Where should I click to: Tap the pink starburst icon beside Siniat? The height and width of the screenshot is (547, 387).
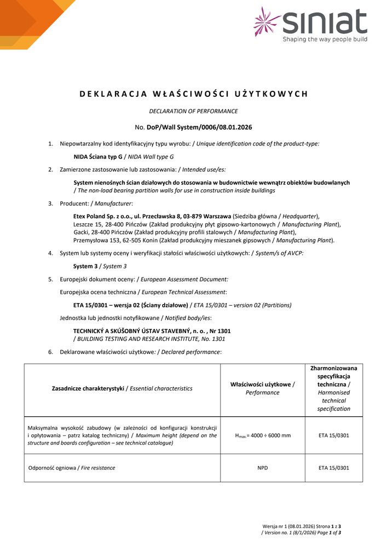[267, 22]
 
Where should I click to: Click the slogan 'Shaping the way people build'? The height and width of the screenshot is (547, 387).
[325, 40]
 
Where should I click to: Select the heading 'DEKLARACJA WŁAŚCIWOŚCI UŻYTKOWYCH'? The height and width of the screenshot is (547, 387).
[194, 94]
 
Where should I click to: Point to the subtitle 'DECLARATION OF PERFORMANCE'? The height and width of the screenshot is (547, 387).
[193, 111]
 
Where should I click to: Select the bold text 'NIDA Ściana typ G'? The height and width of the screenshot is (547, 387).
[97, 156]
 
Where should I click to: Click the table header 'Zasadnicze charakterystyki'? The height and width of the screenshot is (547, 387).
[88, 388]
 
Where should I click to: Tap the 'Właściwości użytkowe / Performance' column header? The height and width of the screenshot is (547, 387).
[262, 389]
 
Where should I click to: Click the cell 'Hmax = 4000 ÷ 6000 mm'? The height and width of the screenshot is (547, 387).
[262, 435]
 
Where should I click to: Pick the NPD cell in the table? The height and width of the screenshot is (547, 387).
[262, 468]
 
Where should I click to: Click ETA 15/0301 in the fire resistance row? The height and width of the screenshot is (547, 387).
[333, 468]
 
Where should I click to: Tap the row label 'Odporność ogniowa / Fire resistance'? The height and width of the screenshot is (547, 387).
[71, 468]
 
